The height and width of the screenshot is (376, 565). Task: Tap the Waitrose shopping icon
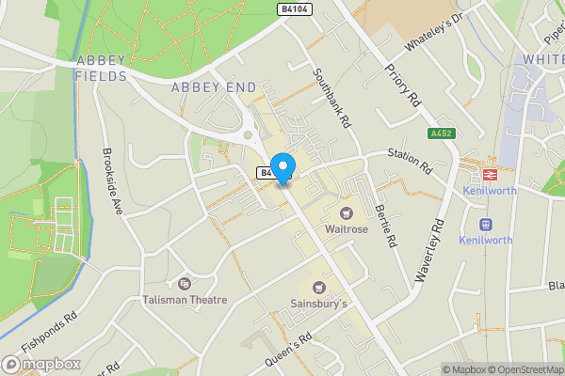pyautogui.click(x=347, y=213)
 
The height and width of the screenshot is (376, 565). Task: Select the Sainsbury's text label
pyautogui.click(x=317, y=304)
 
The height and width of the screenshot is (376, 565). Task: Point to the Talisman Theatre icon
pyautogui.click(x=184, y=283)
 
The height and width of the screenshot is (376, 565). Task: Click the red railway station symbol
pyautogui.click(x=490, y=173)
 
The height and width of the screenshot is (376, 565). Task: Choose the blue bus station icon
pyautogui.click(x=486, y=225)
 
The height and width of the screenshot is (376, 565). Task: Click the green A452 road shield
pyautogui.click(x=440, y=133)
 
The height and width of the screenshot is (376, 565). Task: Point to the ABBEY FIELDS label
pyautogui.click(x=101, y=69)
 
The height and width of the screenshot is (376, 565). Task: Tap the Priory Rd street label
pyautogui.click(x=402, y=89)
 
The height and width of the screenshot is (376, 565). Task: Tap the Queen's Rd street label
pyautogui.click(x=291, y=340)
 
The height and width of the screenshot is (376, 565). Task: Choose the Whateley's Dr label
pyautogui.click(x=435, y=32)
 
